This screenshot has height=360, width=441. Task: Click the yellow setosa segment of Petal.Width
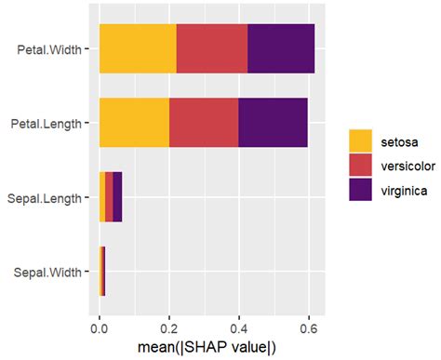[x=138, y=49]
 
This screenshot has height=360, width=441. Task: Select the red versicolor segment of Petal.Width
[x=212, y=49]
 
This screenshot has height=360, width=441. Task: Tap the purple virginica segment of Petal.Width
[x=281, y=49]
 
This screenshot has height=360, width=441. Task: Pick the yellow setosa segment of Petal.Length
[x=134, y=122]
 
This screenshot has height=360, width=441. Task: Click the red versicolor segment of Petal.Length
[x=204, y=122]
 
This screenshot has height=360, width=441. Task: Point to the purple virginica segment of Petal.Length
[x=274, y=122]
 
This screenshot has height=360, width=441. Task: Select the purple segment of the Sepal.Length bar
[x=117, y=196]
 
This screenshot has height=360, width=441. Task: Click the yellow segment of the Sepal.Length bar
[x=102, y=196]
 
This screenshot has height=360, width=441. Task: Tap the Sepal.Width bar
[x=102, y=271]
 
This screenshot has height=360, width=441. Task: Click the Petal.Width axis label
[x=51, y=49]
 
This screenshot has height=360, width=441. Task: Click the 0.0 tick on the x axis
[x=100, y=327]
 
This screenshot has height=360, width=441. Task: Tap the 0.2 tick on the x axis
[x=169, y=327]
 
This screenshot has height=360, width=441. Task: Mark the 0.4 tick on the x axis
[x=239, y=327]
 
